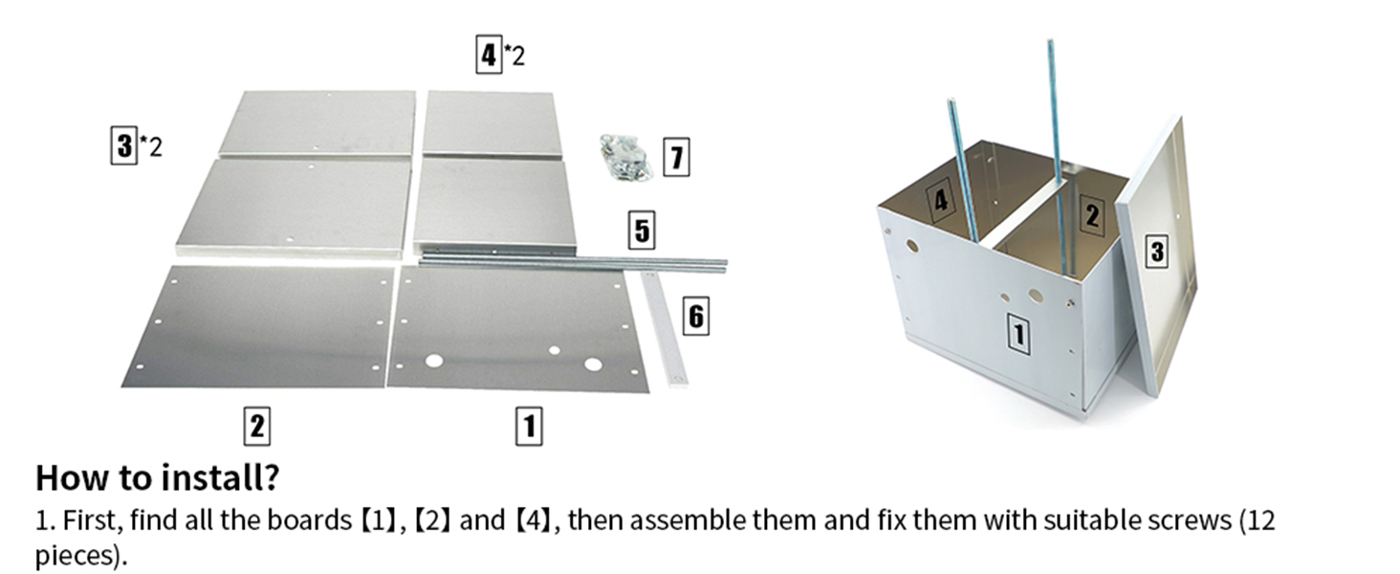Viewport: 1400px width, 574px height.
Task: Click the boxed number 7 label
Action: coord(676,157)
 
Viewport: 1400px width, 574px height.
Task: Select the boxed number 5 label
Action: coord(642,231)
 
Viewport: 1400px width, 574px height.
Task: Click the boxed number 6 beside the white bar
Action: coord(695,315)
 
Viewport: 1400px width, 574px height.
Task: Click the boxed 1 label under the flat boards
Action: coord(529,426)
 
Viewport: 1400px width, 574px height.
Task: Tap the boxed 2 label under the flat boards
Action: coord(255,426)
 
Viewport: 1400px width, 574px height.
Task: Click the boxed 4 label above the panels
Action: coord(489,55)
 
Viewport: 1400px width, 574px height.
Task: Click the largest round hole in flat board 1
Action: coord(593,364)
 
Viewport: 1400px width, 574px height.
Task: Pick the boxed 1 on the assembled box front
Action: coord(1020,335)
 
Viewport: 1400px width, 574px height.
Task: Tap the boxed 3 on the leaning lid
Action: coord(1157,252)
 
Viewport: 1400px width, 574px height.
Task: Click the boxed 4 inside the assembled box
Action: coord(941,200)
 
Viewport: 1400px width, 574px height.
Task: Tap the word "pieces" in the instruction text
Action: coord(77,556)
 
